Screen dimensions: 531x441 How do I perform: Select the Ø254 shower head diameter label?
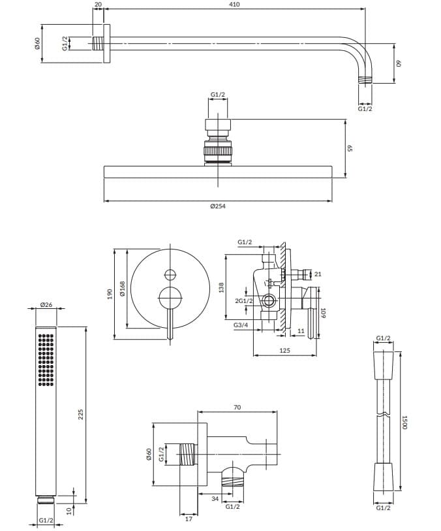click(218, 206)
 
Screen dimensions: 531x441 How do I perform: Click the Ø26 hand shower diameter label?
click(46, 305)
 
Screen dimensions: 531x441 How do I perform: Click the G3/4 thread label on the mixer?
click(240, 325)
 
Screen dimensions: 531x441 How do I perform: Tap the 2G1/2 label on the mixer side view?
click(245, 300)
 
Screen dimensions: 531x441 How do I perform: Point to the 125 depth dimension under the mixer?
click(285, 351)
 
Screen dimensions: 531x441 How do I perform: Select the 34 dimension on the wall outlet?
click(215, 500)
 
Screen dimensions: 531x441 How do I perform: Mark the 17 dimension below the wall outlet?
click(189, 520)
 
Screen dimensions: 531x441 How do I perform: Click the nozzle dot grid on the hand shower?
click(45, 360)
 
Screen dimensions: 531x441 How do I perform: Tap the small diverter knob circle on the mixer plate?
click(170, 274)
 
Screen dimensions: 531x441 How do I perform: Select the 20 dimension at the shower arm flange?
click(98, 5)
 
